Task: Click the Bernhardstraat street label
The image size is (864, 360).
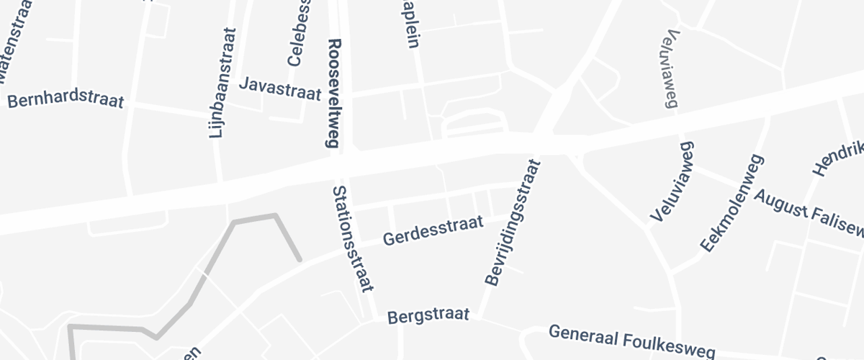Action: tap(66, 100)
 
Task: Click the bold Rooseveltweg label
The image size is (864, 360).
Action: tap(333, 94)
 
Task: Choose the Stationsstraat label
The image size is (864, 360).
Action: tap(353, 238)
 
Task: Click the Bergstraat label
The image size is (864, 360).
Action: tap(428, 316)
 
